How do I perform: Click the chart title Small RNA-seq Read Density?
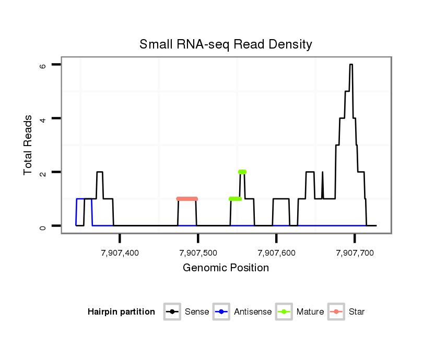(x=226, y=44)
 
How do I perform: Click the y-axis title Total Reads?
(x=29, y=145)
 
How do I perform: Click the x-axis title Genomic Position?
(x=226, y=268)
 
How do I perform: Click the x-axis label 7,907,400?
(x=120, y=253)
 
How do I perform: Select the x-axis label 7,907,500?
(x=198, y=253)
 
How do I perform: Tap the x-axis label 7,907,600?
(x=276, y=253)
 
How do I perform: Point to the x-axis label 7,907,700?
(x=355, y=253)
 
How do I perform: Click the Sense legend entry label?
(x=197, y=312)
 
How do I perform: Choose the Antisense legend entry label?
(x=253, y=312)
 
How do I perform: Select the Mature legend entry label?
(x=310, y=312)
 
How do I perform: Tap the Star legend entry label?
(x=357, y=312)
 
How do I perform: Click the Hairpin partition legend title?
(x=121, y=312)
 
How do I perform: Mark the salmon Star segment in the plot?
(x=187, y=199)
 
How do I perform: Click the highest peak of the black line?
(x=351, y=65)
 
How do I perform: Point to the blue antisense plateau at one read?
(x=84, y=199)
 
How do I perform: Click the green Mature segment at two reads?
(x=242, y=172)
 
